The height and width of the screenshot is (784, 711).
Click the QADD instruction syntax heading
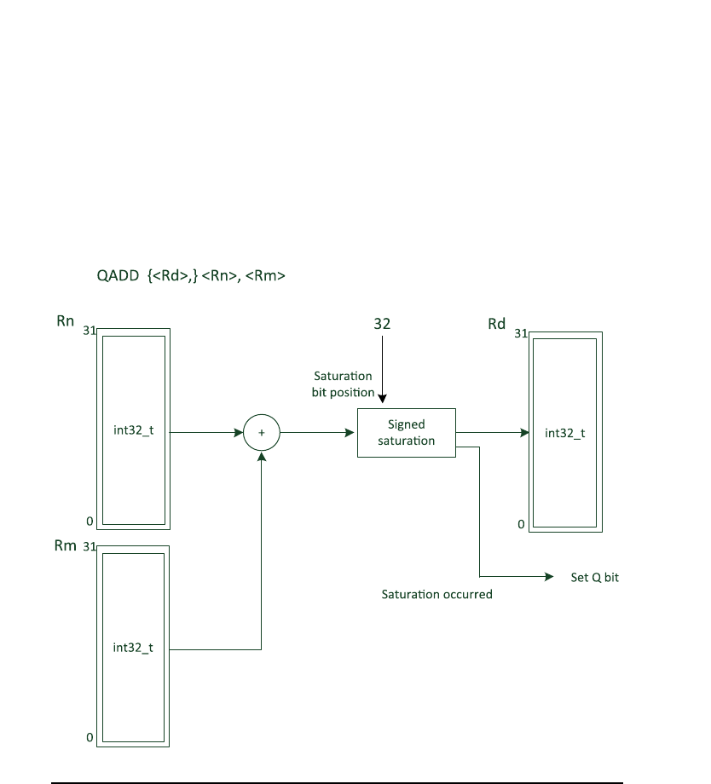191,276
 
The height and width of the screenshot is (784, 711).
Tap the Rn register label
65,322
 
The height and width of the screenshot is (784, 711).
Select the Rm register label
66,545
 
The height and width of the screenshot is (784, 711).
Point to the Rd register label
497,324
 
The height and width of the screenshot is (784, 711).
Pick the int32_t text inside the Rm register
133,648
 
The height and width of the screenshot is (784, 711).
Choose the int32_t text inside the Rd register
564,433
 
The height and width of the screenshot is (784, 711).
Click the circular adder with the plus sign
262,433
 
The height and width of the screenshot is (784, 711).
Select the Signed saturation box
406,433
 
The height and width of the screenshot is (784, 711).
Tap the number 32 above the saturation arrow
383,324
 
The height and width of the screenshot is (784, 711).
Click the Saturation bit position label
344,384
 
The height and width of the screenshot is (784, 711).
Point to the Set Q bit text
594,577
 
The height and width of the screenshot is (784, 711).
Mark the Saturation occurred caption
436,594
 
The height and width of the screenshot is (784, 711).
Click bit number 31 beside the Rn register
88,331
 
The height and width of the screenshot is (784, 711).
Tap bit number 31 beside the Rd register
520,333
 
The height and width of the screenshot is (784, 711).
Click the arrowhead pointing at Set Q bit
549,577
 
